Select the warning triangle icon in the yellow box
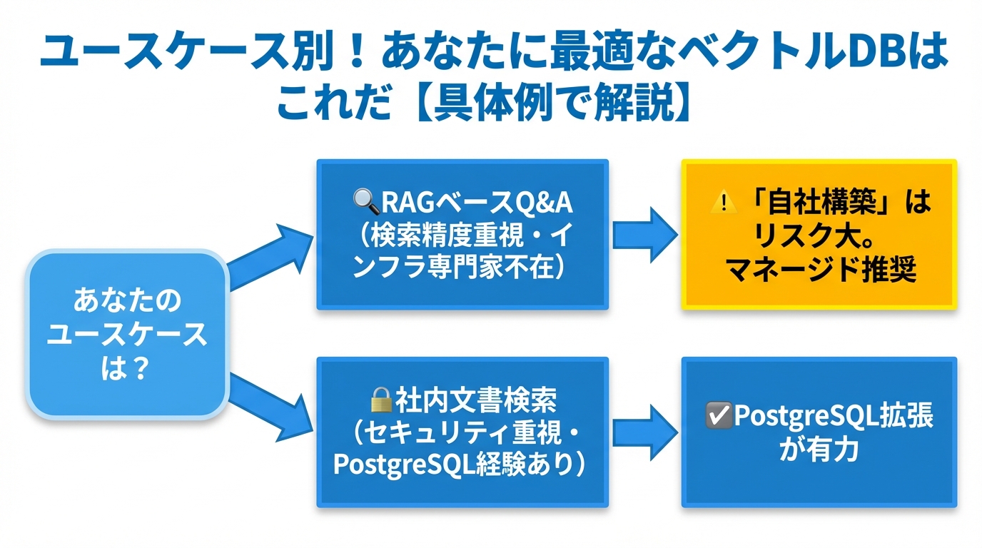point(724,203)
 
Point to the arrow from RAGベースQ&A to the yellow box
point(644,233)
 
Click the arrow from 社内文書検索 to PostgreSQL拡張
point(644,432)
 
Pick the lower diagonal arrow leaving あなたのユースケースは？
point(268,401)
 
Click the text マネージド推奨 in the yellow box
point(821,270)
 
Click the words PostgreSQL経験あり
point(454,464)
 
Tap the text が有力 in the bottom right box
point(819,450)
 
